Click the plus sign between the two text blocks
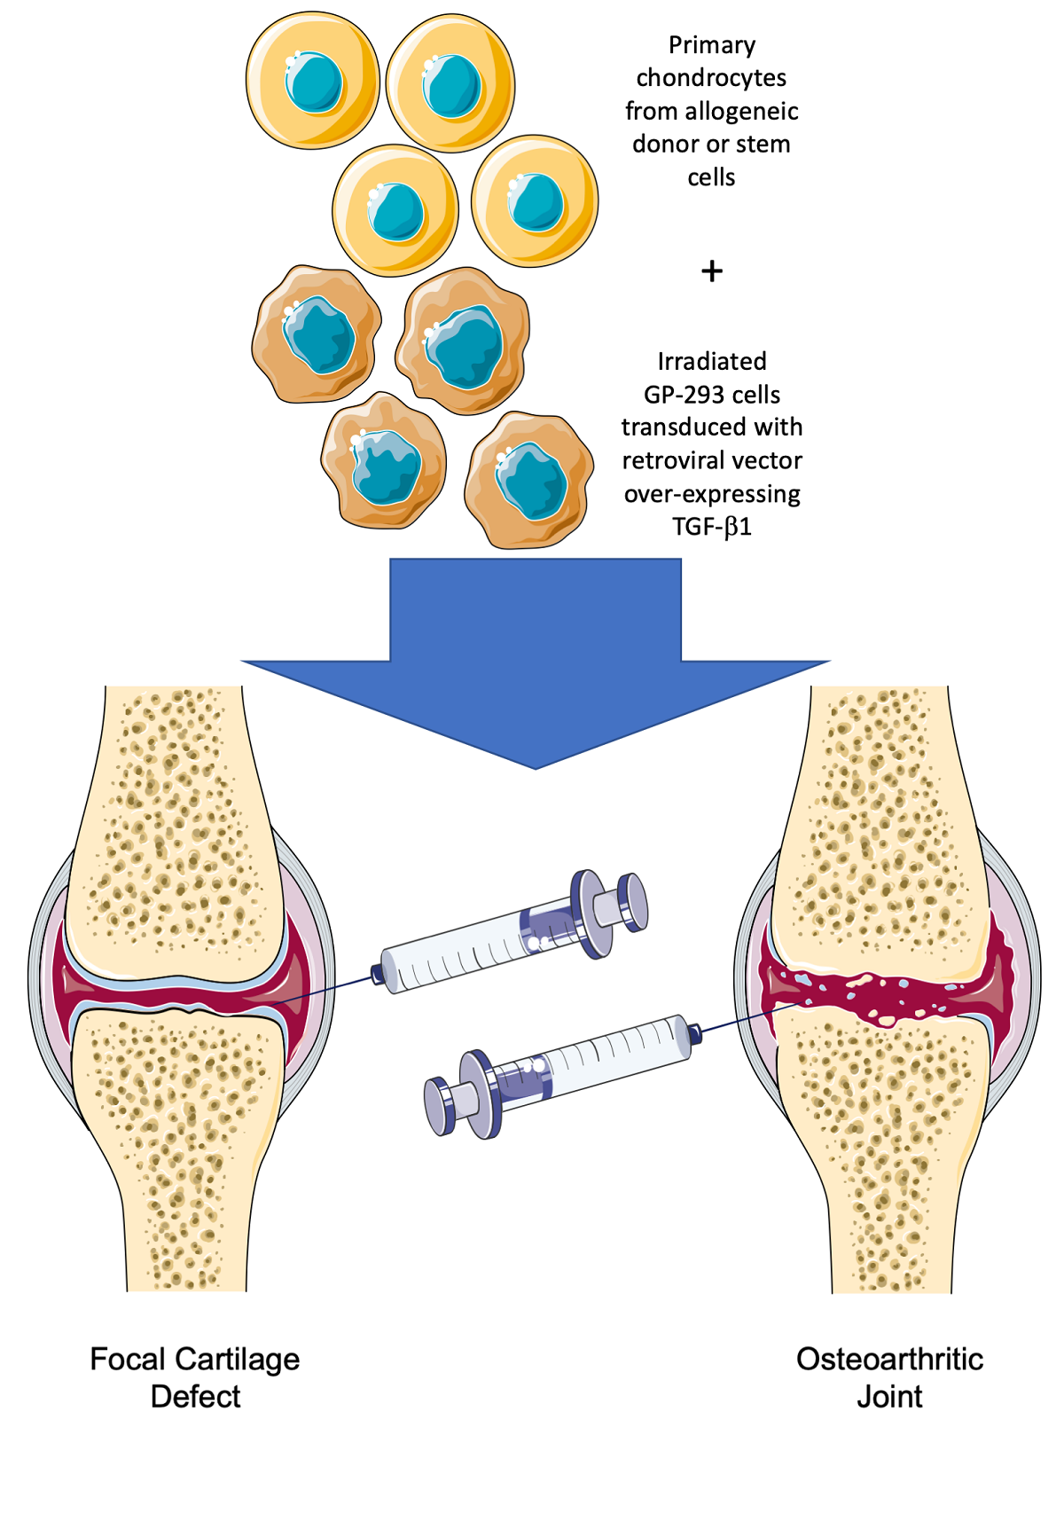(x=711, y=271)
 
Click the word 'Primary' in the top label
(x=712, y=44)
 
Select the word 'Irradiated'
(x=712, y=361)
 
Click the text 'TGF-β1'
(x=712, y=527)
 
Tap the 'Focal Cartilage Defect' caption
(x=195, y=1377)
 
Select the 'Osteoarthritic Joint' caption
(x=889, y=1377)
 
